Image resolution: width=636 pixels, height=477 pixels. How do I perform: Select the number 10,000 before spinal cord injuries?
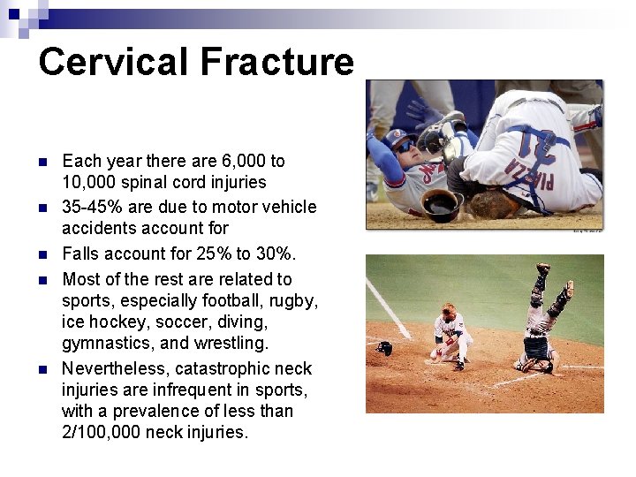point(87,182)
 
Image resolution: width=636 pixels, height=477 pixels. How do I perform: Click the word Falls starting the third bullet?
point(80,254)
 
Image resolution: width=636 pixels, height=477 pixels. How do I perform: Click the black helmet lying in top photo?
point(442,205)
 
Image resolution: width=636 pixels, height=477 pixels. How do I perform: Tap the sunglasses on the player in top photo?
point(403,147)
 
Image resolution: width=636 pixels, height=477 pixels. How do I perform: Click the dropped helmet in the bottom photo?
point(384,348)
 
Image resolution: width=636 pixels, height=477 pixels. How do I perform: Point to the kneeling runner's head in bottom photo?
point(448,310)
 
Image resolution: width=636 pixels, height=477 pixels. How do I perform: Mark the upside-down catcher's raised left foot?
point(542,268)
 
